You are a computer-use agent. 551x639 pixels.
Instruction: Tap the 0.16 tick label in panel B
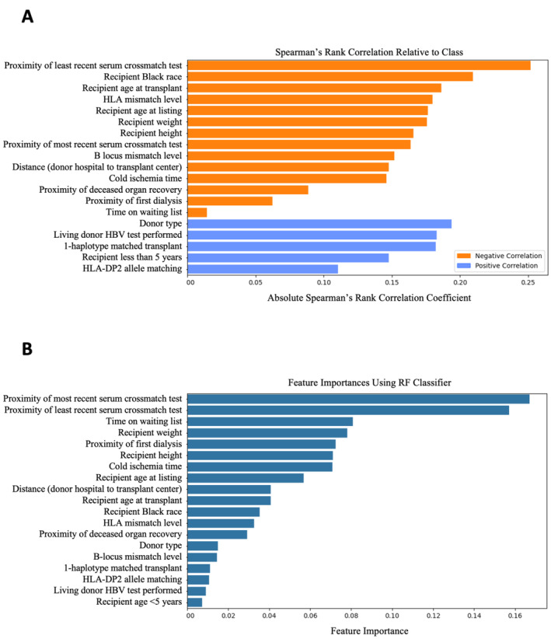pos(514,614)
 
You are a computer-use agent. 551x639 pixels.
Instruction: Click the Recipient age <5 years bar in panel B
pos(196,602)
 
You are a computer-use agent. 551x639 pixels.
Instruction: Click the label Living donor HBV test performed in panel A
pos(117,235)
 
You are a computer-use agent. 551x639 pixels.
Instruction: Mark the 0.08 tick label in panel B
pos(351,614)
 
